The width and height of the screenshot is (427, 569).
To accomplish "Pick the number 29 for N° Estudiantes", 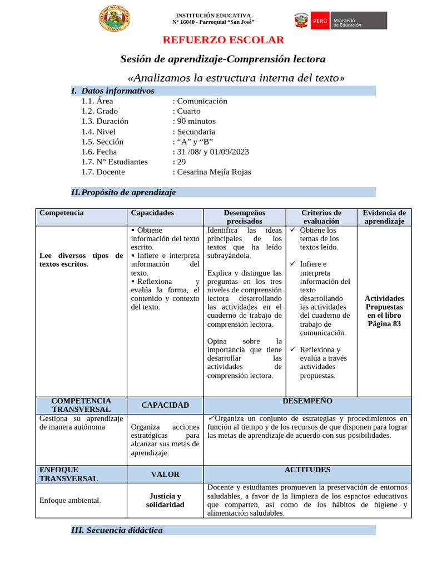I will pos(182,162).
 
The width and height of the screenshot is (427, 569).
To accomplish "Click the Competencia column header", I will pos(62,213).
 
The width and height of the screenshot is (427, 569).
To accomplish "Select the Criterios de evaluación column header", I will pos(321,217).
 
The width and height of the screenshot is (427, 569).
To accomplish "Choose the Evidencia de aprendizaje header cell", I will pos(384,217).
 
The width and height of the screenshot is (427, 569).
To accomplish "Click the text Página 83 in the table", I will pos(384,324).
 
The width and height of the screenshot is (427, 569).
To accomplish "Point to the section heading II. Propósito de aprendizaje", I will pos(123,192).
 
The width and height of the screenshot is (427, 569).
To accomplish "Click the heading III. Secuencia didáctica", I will pos(117,530).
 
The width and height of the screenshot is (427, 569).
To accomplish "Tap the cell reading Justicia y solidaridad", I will pos(165,500).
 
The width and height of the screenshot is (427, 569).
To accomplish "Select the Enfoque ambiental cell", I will pos(70,500).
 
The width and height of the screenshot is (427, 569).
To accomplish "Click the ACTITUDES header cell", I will pos(307,470).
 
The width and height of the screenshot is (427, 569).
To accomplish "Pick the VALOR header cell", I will pos(165,475).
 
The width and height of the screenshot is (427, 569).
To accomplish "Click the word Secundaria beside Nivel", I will pos(196,132).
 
